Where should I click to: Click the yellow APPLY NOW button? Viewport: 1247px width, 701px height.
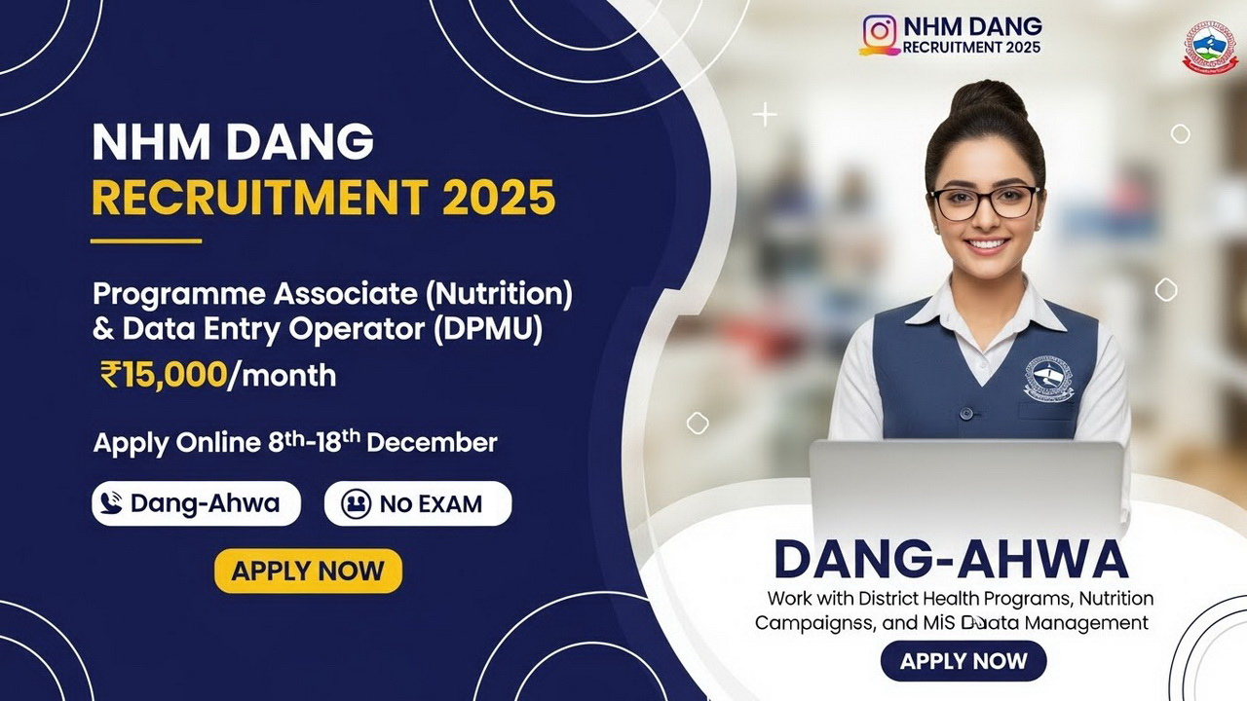point(308,571)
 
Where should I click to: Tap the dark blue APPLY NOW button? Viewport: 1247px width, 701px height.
point(963,662)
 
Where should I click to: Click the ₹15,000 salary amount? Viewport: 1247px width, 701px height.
point(164,374)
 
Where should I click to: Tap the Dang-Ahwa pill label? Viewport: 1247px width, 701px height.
point(196,503)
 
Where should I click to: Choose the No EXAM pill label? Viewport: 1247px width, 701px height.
point(417,503)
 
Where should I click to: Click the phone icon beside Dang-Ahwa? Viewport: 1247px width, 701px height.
point(113,503)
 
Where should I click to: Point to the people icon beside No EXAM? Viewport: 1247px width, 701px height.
point(357,503)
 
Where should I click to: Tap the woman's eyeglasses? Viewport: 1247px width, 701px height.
point(985,203)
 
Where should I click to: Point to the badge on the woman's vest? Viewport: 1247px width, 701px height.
point(1048,378)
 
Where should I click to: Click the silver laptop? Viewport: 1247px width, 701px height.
point(966,487)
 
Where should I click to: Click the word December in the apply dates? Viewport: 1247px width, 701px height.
point(432,443)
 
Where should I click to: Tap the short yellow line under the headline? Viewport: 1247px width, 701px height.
point(146,240)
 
